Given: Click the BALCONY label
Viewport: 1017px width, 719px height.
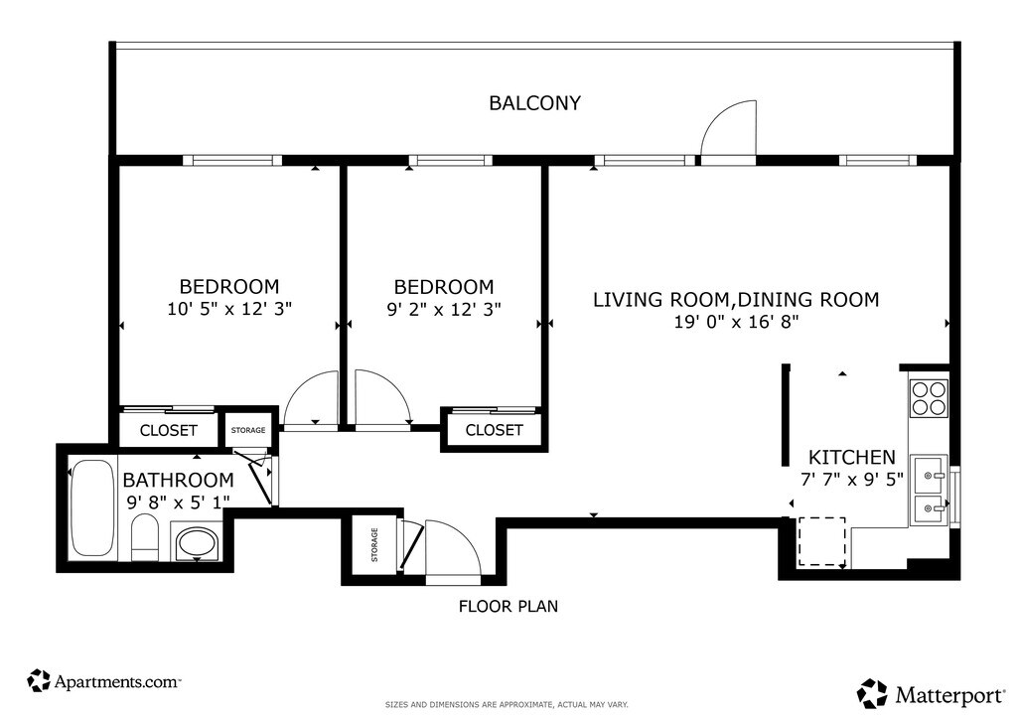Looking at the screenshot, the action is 534,103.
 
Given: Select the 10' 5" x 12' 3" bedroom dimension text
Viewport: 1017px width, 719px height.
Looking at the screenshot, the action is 229,309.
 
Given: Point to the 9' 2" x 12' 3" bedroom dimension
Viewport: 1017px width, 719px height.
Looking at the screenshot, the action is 444,309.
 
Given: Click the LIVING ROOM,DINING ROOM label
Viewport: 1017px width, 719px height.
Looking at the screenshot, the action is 736,300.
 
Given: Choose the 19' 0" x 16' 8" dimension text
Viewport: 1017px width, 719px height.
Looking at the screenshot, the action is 736,322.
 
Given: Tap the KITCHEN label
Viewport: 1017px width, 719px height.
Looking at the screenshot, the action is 851,457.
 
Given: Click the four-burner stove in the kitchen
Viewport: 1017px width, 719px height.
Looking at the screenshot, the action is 929,398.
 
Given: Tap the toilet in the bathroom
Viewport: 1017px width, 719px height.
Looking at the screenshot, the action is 145,538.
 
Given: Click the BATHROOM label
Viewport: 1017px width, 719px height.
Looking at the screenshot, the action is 179,480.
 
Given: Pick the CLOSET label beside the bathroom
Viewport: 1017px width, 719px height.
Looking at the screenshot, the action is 169,430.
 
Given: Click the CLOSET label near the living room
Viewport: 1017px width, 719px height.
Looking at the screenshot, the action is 495,430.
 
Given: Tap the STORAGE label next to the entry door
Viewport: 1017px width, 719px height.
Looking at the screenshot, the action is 374,544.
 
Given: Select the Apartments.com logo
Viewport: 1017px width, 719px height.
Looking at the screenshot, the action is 103,681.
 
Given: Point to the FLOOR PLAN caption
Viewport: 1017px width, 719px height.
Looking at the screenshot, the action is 508,606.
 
